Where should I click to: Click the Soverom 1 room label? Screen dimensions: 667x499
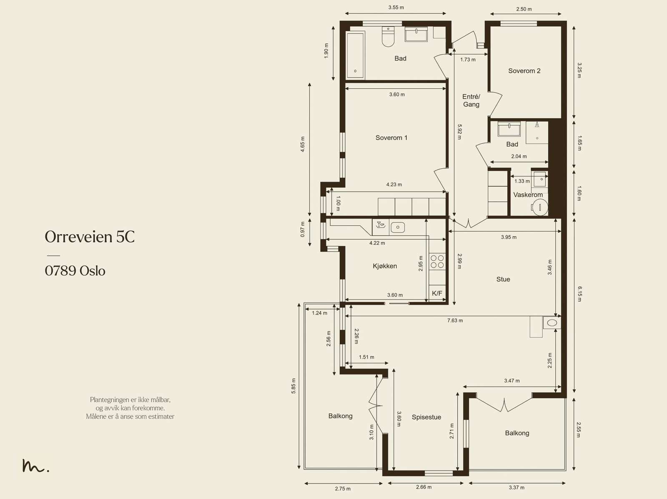click(391, 138)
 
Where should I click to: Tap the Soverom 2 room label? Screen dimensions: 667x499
click(524, 71)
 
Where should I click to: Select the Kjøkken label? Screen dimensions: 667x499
click(385, 266)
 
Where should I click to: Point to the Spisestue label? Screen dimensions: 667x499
click(426, 417)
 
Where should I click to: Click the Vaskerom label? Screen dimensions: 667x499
click(528, 195)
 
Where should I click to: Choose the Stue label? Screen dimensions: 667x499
click(503, 279)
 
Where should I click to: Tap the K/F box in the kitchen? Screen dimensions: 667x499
click(437, 293)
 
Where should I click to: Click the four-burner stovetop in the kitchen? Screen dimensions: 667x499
click(437, 262)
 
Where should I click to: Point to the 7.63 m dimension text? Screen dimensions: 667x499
click(455, 321)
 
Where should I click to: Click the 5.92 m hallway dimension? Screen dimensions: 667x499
click(459, 132)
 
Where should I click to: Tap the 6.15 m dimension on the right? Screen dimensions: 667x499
click(579, 294)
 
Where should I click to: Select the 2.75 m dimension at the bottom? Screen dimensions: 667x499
click(343, 489)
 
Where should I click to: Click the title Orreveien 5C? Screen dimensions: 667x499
click(90, 237)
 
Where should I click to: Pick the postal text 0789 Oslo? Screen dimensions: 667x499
click(75, 271)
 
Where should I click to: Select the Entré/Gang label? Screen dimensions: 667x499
click(471, 100)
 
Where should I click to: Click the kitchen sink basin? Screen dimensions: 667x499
click(397, 227)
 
